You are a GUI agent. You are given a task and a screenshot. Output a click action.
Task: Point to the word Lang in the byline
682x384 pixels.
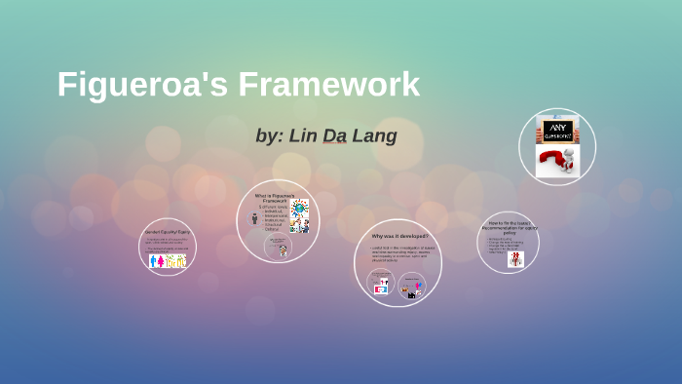point(375,135)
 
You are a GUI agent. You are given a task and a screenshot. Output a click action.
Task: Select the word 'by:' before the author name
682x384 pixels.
point(269,135)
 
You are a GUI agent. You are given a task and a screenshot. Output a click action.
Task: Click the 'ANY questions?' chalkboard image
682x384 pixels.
point(557,130)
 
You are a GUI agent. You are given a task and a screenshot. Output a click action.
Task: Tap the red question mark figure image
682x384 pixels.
point(557,161)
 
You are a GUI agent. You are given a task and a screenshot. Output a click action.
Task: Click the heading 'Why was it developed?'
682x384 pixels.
point(398,236)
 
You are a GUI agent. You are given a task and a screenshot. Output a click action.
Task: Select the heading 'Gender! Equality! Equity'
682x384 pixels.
point(167,232)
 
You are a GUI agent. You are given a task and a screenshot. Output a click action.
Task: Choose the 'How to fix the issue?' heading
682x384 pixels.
point(509,226)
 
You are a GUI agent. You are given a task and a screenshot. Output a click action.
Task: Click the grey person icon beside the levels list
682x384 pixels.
point(254,217)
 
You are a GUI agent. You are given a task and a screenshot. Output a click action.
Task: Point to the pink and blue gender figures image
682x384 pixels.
point(167,260)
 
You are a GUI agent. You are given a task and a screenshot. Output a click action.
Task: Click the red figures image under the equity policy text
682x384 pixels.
point(514,259)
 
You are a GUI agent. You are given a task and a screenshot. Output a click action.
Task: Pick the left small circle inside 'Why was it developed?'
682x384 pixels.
point(381,283)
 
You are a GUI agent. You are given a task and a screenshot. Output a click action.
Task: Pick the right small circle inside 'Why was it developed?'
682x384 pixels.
point(413,285)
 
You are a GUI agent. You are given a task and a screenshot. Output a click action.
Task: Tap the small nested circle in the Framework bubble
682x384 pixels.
point(279,246)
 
